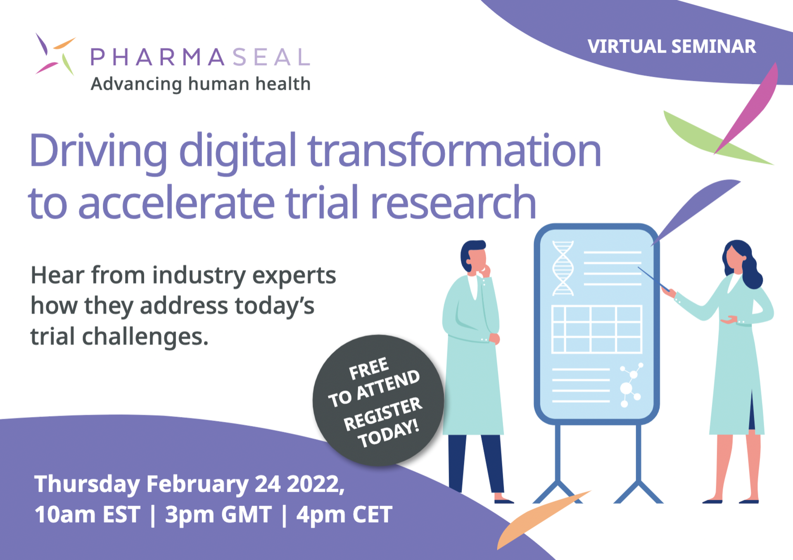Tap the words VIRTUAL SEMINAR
click(x=672, y=46)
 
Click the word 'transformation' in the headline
click(x=454, y=150)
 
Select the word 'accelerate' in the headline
click(x=176, y=202)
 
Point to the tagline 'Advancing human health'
click(x=201, y=84)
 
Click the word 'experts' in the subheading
click(x=294, y=276)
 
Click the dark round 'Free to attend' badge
click(x=378, y=400)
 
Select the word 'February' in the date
click(x=197, y=484)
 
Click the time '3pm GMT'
click(x=218, y=515)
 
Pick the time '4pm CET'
click(x=344, y=515)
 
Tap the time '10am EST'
click(x=88, y=515)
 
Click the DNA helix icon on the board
click(x=563, y=268)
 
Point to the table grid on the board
click(x=597, y=329)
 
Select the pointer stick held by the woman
click(x=653, y=279)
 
